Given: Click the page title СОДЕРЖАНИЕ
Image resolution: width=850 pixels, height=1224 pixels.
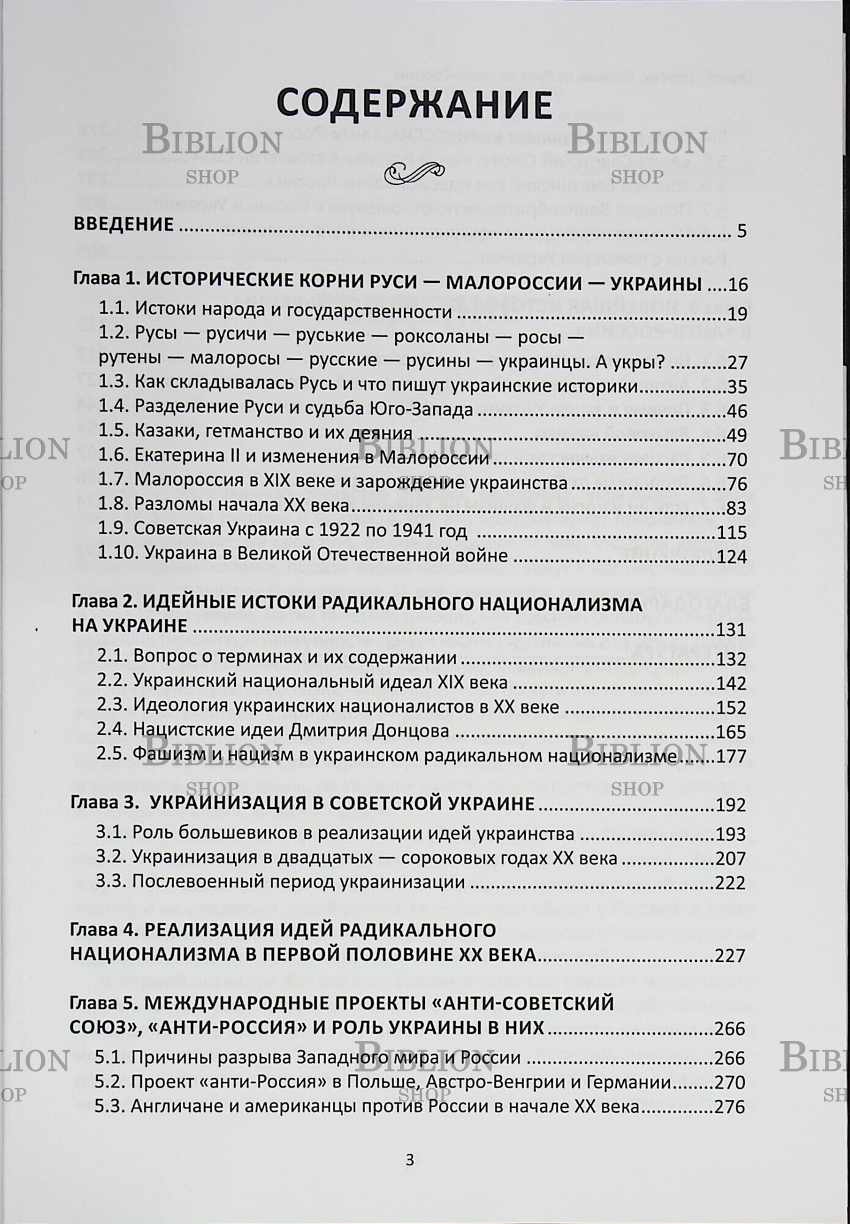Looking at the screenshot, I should click(414, 104).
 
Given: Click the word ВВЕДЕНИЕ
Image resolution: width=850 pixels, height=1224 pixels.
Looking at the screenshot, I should click(124, 224).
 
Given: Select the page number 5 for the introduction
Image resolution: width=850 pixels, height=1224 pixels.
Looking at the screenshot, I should click(741, 231).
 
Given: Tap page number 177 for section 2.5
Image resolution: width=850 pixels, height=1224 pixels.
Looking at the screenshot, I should click(731, 757).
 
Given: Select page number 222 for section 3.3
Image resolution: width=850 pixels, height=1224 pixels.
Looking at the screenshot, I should click(731, 883).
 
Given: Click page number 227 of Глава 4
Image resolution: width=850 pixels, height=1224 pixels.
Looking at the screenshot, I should click(731, 955).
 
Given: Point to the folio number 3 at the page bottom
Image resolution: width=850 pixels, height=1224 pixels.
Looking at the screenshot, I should click(410, 1160).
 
